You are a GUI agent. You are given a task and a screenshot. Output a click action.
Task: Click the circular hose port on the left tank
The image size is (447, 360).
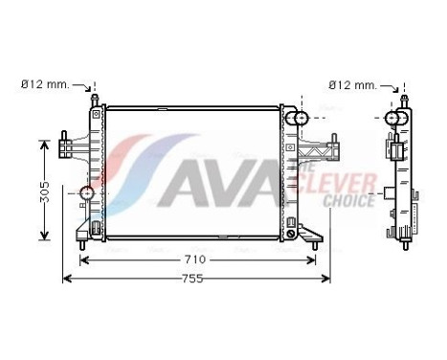(87, 195)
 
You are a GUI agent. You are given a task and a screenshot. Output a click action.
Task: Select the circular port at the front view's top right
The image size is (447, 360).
(301, 119)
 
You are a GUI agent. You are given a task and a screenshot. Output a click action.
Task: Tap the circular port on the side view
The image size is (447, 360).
(393, 119)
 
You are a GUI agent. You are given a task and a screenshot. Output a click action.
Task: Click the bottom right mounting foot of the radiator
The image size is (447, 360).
(308, 233)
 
